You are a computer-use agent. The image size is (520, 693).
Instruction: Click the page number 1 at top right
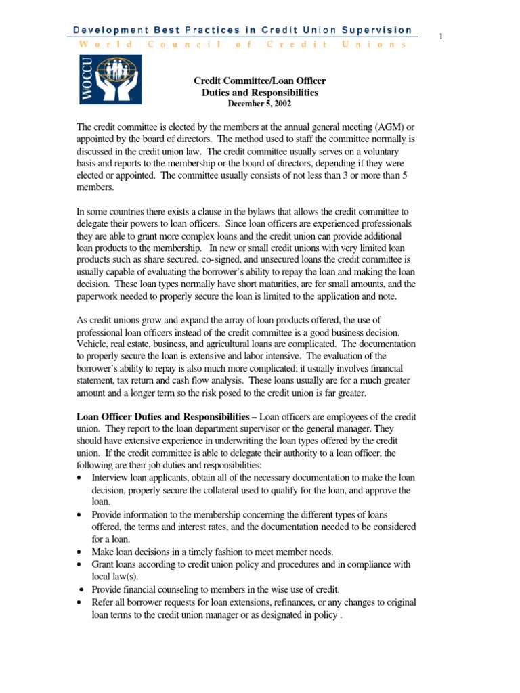tap(441, 36)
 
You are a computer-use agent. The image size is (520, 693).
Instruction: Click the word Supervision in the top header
tap(378, 30)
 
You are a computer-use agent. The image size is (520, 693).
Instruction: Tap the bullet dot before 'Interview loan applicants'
tap(81, 478)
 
